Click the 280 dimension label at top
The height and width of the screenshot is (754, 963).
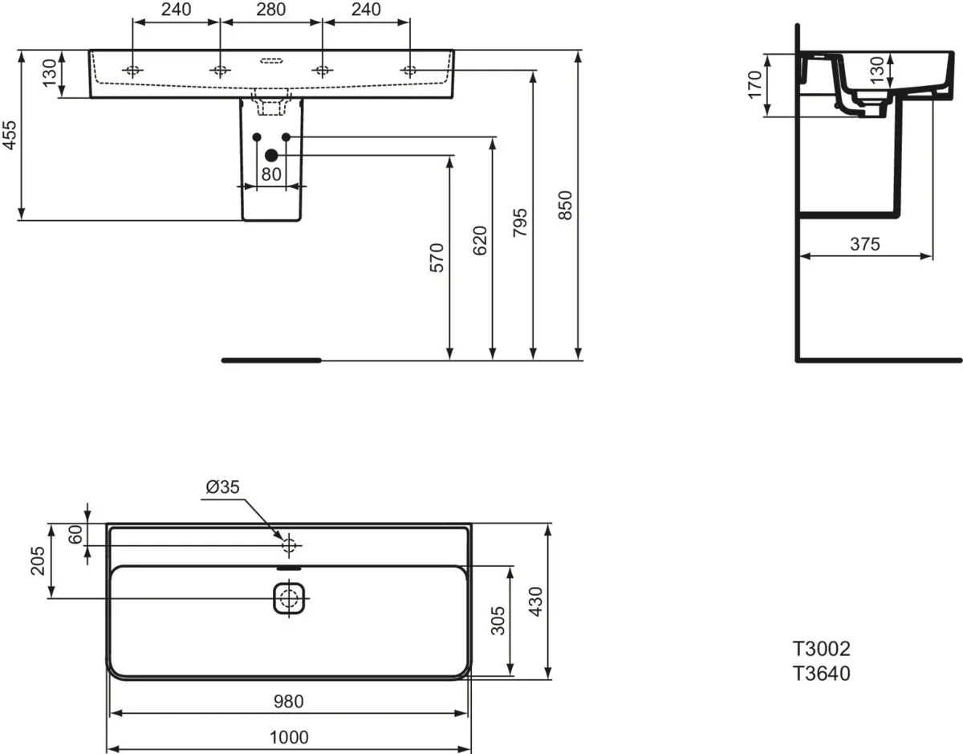click(270, 10)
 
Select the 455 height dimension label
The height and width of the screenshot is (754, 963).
click(10, 135)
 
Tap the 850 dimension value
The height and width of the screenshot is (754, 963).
click(565, 206)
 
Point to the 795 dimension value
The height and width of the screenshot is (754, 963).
click(520, 222)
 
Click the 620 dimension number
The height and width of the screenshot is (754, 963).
click(480, 241)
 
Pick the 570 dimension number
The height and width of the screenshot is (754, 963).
click(437, 258)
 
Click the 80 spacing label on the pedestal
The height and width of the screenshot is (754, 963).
click(271, 174)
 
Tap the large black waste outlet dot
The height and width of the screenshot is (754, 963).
click(271, 156)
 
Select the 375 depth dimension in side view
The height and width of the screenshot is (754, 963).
click(864, 244)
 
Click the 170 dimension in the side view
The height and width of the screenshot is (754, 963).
click(754, 84)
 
